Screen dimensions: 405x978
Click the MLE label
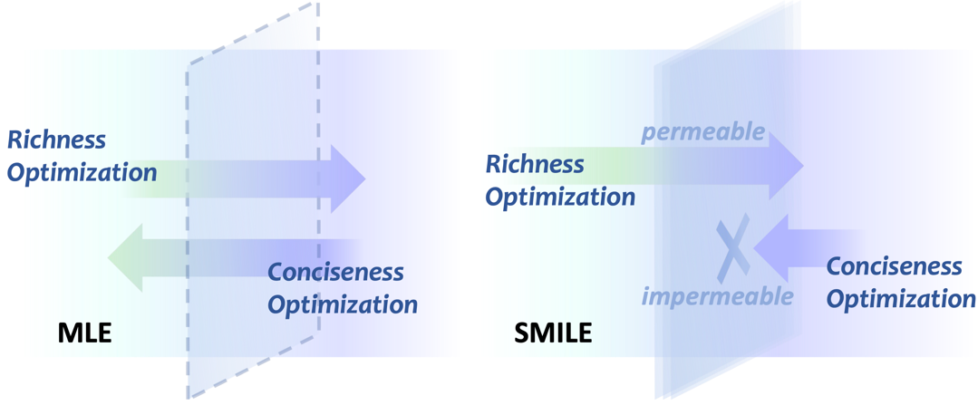[84, 333]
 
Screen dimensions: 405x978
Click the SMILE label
[553, 333]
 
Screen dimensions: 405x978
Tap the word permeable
[703, 132]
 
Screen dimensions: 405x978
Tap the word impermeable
[718, 295]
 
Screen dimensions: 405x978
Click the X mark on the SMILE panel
[732, 245]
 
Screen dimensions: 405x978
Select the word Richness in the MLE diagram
[56, 140]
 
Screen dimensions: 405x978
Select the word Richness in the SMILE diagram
[535, 164]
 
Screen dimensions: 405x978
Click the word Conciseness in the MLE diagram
[335, 272]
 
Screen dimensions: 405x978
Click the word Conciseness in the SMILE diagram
[894, 266]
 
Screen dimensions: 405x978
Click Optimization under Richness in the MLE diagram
[82, 172]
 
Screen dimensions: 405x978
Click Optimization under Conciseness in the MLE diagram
[343, 304]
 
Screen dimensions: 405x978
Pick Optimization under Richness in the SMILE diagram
[560, 196]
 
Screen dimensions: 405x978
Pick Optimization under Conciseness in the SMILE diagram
[901, 299]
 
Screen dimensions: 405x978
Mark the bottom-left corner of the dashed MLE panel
[189, 394]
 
